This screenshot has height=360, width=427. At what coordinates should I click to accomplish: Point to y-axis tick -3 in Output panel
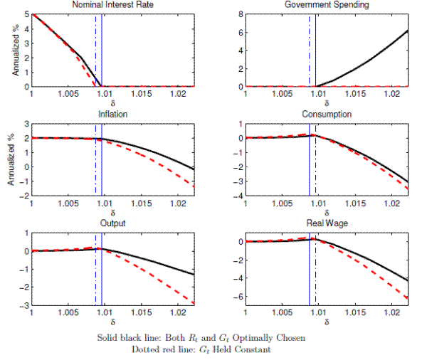tap(24, 305)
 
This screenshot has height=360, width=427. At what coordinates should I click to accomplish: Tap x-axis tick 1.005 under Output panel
tap(68, 312)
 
